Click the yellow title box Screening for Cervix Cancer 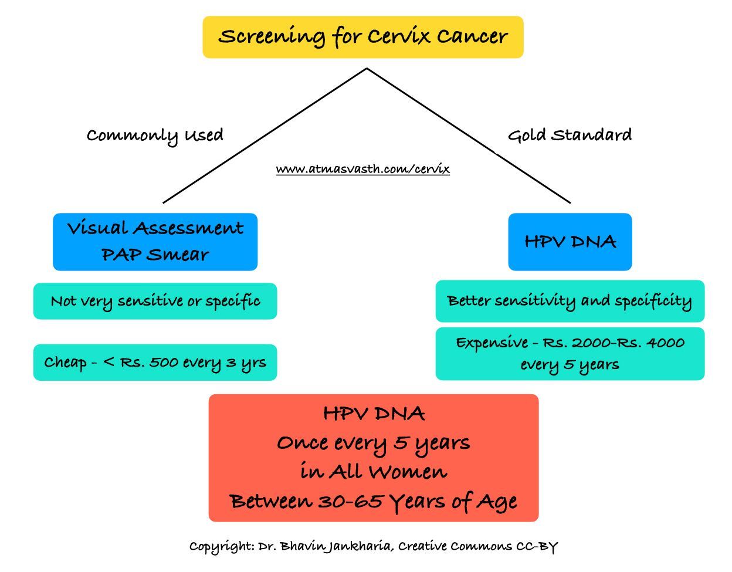pyautogui.click(x=362, y=37)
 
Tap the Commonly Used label pyautogui.click(x=155, y=136)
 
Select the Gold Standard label pyautogui.click(x=570, y=136)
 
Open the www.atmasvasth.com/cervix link pyautogui.click(x=362, y=170)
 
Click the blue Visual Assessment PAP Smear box pyautogui.click(x=155, y=242)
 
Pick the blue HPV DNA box pyautogui.click(x=570, y=242)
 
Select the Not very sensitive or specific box pyautogui.click(x=155, y=302)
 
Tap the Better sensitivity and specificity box pyautogui.click(x=570, y=302)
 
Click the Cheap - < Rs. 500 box pyautogui.click(x=155, y=363)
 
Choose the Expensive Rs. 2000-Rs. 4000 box pyautogui.click(x=570, y=354)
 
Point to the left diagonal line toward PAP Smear pyautogui.click(x=264, y=136)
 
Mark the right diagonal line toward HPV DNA pyautogui.click(x=469, y=136)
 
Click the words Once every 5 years pyautogui.click(x=373, y=443)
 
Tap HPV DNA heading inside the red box pyautogui.click(x=374, y=414)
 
